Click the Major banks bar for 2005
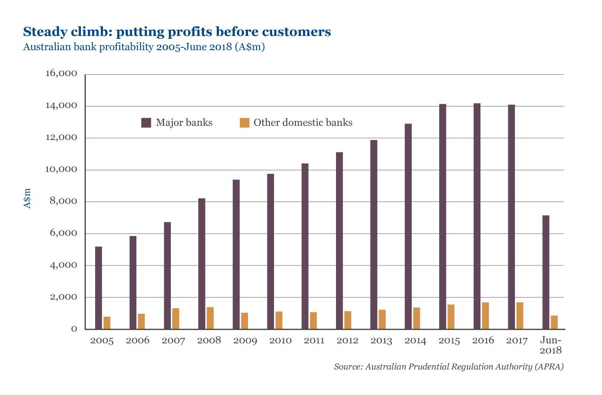pos(98,288)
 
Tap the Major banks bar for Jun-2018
pos(546,272)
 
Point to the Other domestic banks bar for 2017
pos(520,316)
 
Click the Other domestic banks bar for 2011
pos(313,320)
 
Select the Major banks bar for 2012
pos(339,240)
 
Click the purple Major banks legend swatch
pos(146,123)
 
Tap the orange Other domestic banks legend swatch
pos(244,123)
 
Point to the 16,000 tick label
pos(61,74)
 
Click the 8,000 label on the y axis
pos(63,202)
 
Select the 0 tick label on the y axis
pos(74,329)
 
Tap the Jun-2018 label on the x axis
pos(550,345)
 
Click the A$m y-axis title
pos(27,199)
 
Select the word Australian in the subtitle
pos(43,48)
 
